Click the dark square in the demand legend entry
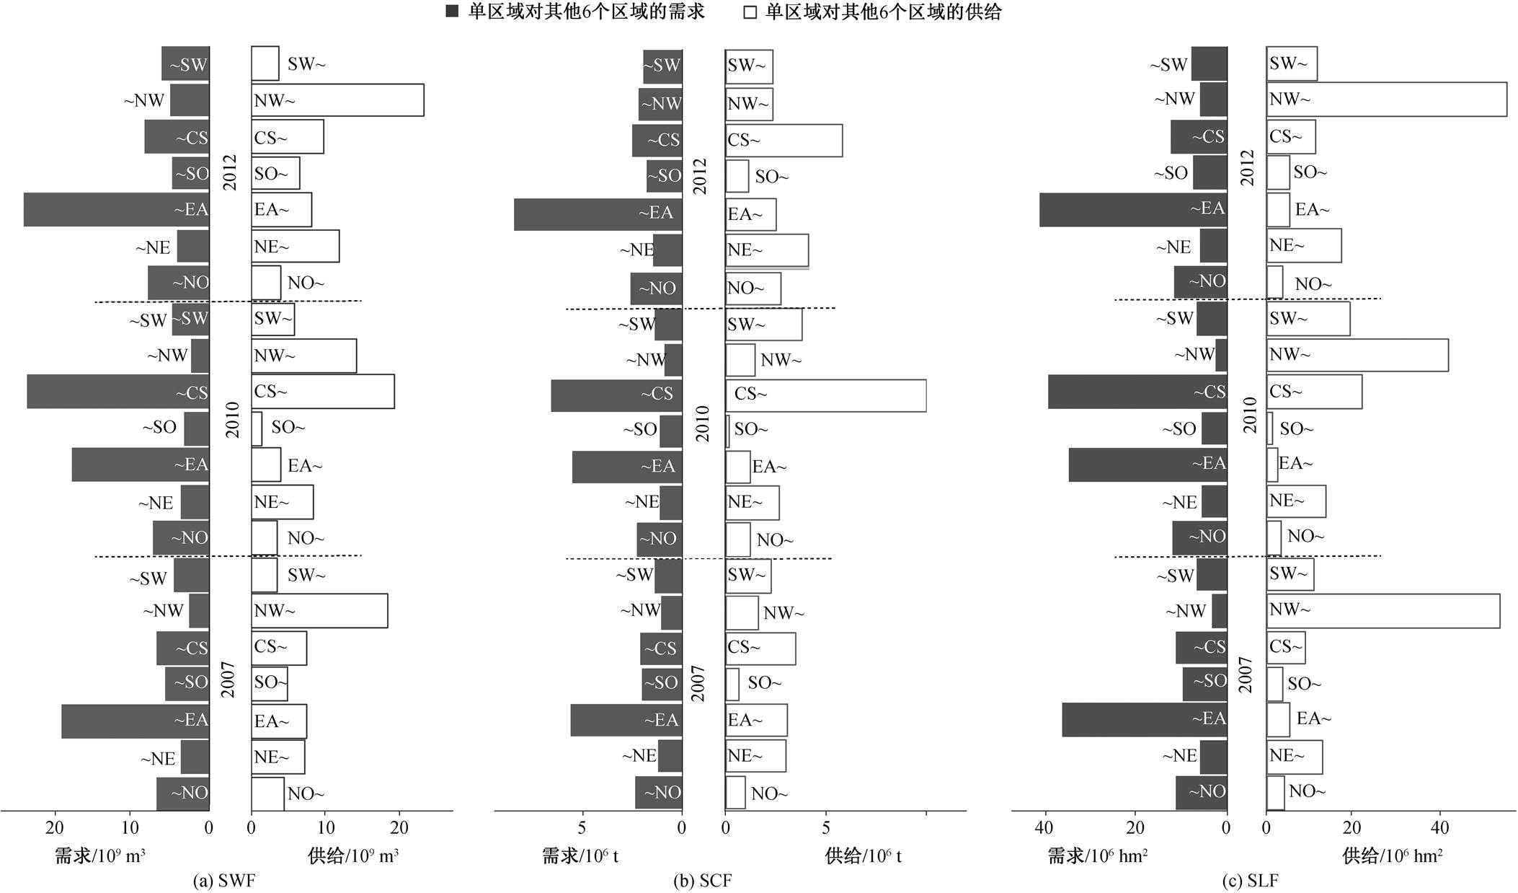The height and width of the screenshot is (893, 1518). coord(453,12)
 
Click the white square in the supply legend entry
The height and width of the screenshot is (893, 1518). coord(750,12)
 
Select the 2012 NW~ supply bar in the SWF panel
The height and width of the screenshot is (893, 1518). coord(337,100)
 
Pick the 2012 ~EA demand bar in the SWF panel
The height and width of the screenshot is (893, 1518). coord(116,209)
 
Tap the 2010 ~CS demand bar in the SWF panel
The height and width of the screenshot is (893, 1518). coord(118,392)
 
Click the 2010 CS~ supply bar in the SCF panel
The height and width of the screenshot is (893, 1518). coord(825,395)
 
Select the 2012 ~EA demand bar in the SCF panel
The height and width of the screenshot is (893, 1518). coord(598,214)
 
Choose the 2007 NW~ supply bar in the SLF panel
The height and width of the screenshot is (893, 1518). coord(1382,611)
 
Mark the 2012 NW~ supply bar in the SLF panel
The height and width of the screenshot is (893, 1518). coord(1386,99)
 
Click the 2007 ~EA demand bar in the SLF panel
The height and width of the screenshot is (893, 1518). coord(1144,720)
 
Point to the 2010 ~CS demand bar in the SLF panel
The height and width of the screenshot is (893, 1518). coord(1137,392)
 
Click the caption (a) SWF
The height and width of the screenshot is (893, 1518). coord(224,881)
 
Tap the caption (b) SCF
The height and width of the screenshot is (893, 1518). coord(701,881)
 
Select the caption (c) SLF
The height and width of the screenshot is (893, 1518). coord(1250,881)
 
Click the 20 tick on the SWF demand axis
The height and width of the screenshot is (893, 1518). coord(55,828)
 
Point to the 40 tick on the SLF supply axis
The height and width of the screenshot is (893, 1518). coord(1439,828)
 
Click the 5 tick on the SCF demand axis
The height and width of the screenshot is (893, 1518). coord(582,828)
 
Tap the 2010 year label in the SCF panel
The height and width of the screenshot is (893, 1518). coord(702,423)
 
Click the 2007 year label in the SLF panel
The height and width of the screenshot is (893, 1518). coord(1246,674)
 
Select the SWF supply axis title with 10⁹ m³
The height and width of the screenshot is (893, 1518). coord(353,856)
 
